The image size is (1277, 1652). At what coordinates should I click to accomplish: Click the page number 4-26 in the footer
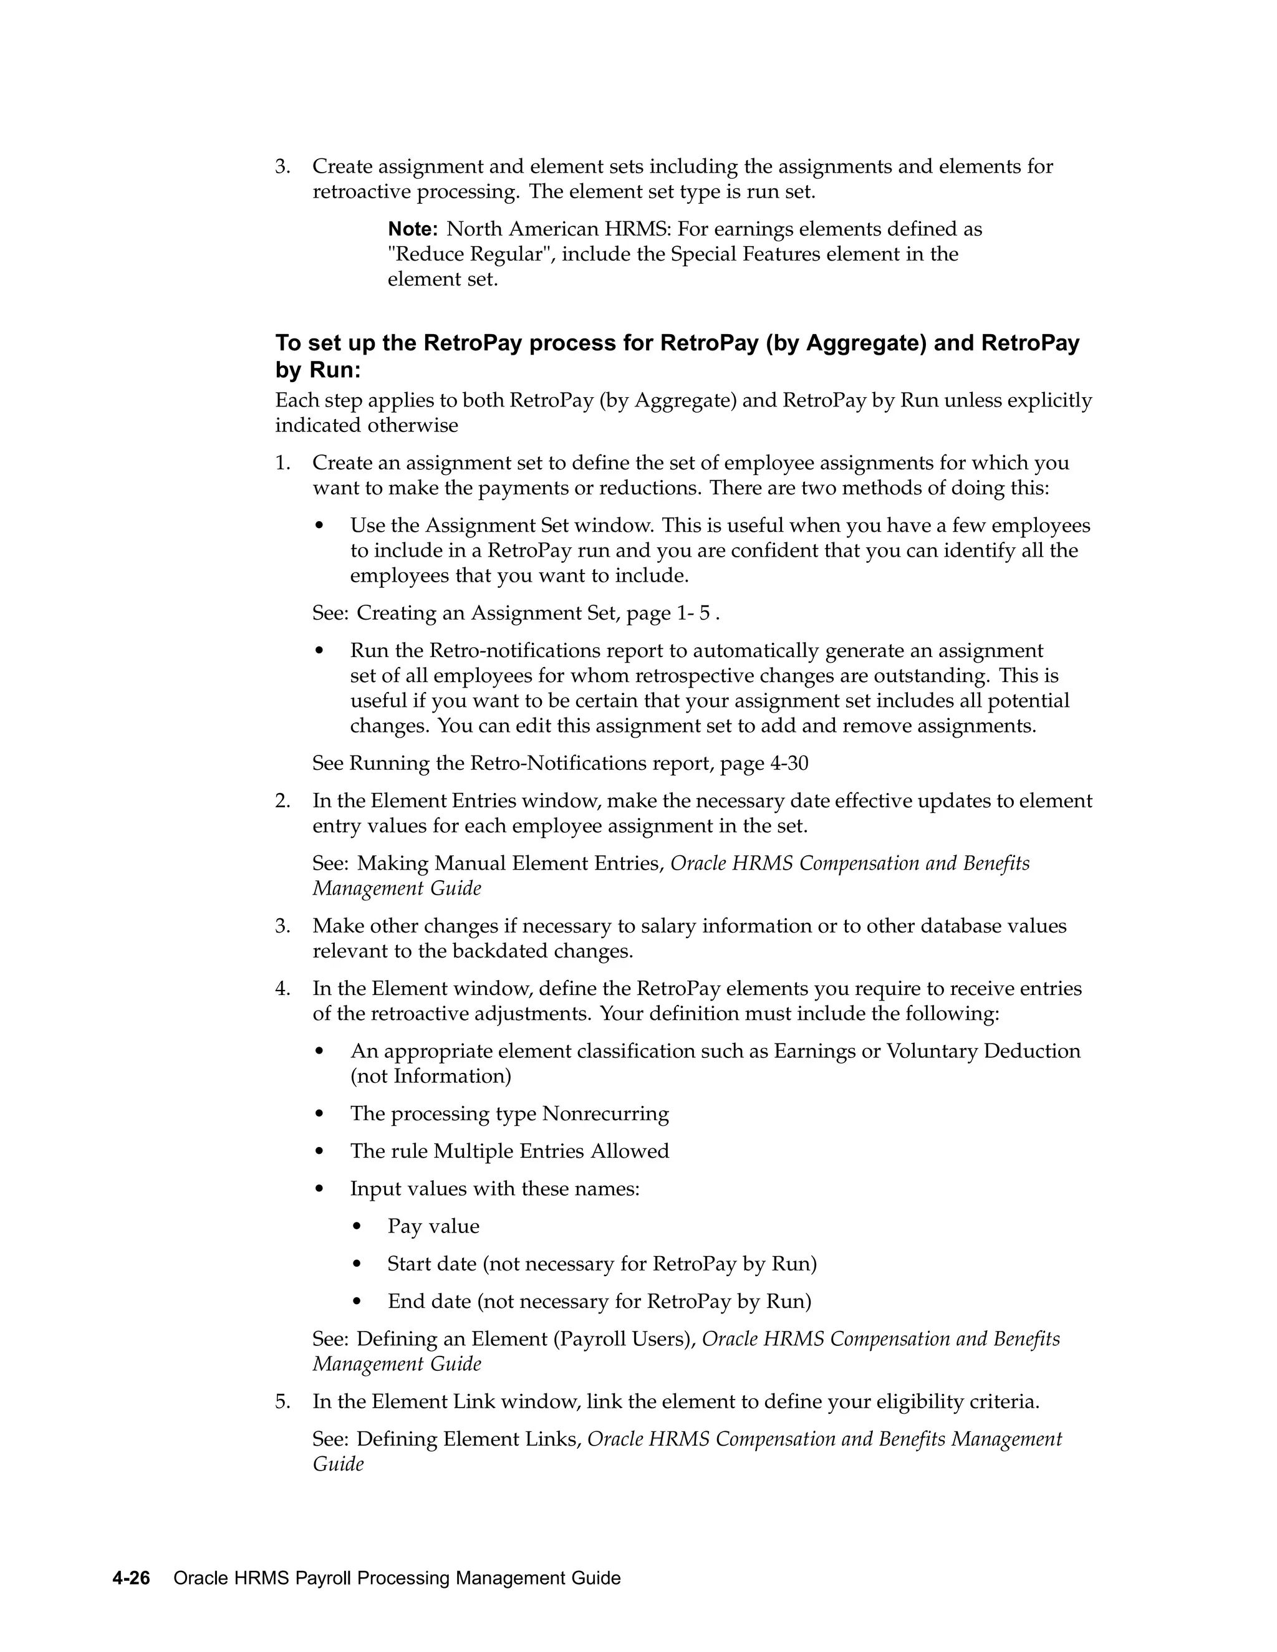pyautogui.click(x=131, y=1578)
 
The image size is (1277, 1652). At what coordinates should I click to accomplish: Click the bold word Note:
pyautogui.click(x=412, y=229)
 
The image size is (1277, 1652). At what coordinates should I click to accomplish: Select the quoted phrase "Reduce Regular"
pyautogui.click(x=469, y=254)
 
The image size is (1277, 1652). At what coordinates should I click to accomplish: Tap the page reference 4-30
pyautogui.click(x=789, y=763)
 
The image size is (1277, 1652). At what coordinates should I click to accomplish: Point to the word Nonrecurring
pyautogui.click(x=605, y=1114)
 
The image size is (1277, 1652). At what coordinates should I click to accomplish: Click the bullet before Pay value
pyautogui.click(x=359, y=1227)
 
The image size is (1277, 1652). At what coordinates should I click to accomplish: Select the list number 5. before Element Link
pyautogui.click(x=282, y=1401)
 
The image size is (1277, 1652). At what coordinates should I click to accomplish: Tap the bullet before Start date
pyautogui.click(x=359, y=1265)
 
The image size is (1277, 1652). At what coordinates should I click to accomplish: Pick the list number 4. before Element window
pyautogui.click(x=282, y=989)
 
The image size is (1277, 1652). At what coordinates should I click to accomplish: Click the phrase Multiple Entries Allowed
pyautogui.click(x=551, y=1151)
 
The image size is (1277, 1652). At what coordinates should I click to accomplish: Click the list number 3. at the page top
pyautogui.click(x=282, y=166)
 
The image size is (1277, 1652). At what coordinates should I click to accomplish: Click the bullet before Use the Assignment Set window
pyautogui.click(x=320, y=526)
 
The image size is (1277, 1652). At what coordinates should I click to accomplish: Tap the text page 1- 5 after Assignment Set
pyautogui.click(x=668, y=613)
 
